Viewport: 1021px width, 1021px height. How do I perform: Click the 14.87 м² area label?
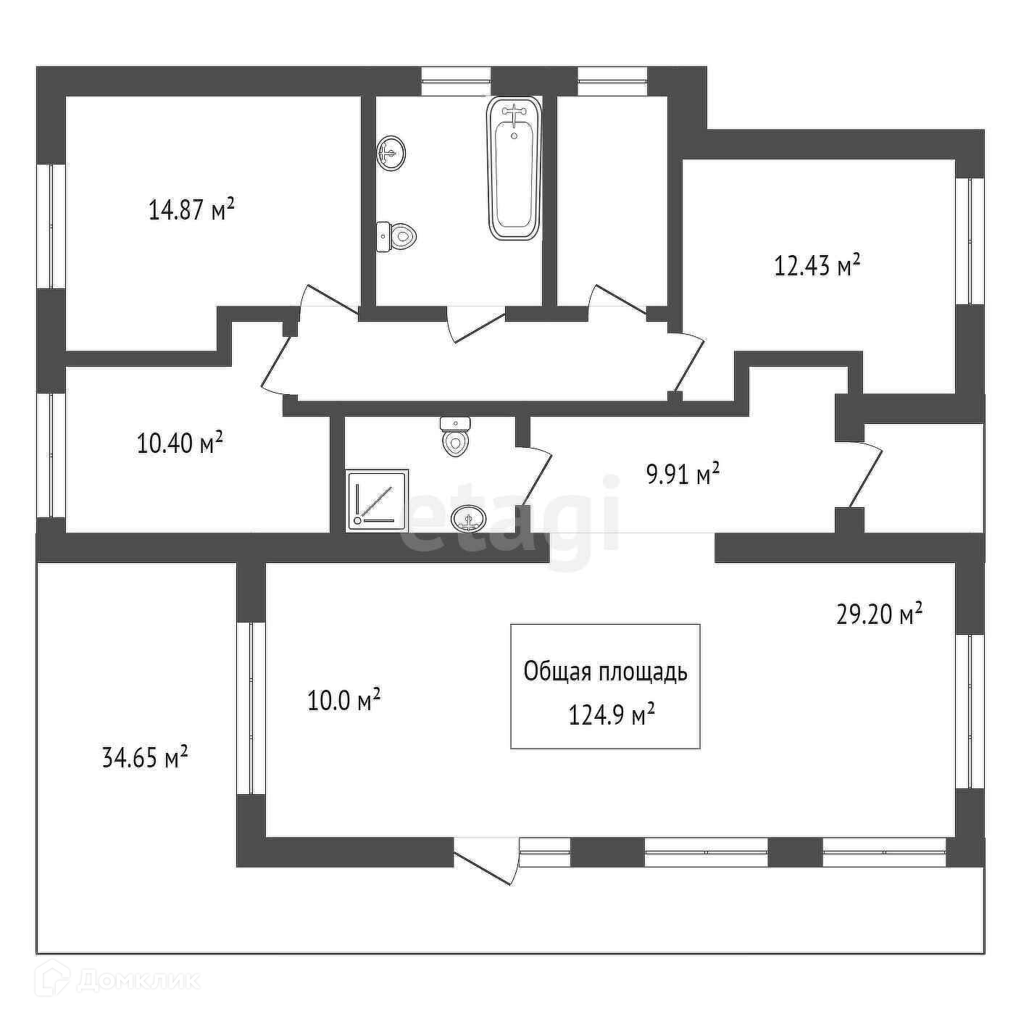pyautogui.click(x=191, y=210)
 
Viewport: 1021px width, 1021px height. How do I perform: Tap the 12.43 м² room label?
pyautogui.click(x=817, y=265)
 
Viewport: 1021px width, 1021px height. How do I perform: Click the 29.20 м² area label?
pyautogui.click(x=879, y=615)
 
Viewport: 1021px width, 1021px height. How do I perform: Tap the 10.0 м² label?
pyautogui.click(x=344, y=701)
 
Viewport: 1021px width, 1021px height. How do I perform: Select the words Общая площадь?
pyautogui.click(x=605, y=672)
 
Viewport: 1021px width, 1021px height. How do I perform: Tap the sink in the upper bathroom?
pyautogui.click(x=391, y=153)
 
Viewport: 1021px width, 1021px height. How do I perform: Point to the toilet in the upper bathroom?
pyautogui.click(x=396, y=236)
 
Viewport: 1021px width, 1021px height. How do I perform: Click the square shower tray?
pyautogui.click(x=378, y=499)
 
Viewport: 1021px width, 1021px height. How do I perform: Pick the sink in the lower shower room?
pyautogui.click(x=468, y=518)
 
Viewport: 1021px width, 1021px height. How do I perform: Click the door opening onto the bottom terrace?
pyautogui.click(x=486, y=861)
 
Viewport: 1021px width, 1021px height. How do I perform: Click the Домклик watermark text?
pyautogui.click(x=138, y=980)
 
